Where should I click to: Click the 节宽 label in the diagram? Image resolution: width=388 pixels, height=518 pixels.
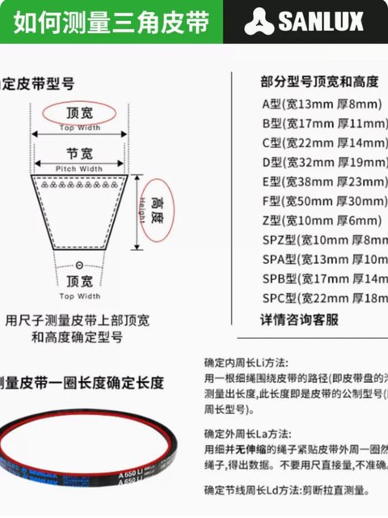coord(79,153)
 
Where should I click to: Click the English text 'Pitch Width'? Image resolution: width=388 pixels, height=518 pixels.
coord(79,168)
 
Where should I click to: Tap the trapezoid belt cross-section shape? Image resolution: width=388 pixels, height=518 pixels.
coord(79,210)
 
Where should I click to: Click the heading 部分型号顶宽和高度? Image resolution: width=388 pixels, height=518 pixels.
coord(319,82)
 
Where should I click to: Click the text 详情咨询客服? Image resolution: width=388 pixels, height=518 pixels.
coord(298,319)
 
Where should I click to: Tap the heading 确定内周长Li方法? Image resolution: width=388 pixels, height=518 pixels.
coord(246,363)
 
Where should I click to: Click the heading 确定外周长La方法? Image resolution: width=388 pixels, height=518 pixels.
coord(247,433)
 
